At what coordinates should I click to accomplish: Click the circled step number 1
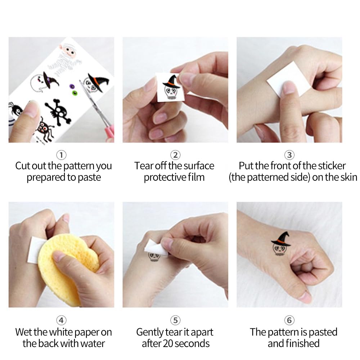(x=61, y=155)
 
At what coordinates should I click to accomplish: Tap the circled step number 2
(x=175, y=155)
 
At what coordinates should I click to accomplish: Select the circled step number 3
(x=289, y=155)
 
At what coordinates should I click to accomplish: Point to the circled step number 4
(x=61, y=320)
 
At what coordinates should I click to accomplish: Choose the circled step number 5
(x=175, y=320)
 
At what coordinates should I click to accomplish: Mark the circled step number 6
(x=289, y=320)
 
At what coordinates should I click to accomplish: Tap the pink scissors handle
(x=110, y=132)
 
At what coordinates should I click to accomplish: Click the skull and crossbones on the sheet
(x=58, y=112)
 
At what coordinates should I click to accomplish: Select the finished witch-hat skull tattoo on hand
(x=280, y=244)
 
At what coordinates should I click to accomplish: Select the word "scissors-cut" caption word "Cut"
(x=23, y=166)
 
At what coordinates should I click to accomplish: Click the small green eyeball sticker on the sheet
(x=75, y=93)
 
